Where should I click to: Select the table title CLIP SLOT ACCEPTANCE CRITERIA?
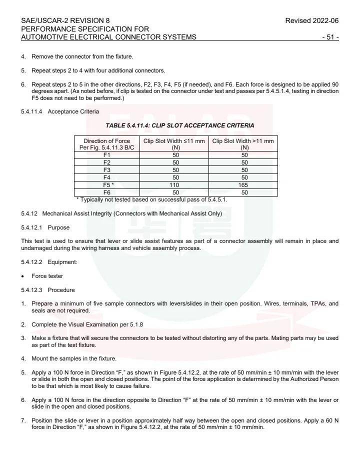click(x=179, y=125)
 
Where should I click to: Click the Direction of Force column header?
click(x=106, y=144)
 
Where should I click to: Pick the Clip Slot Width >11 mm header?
click(x=243, y=144)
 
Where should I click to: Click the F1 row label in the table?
click(x=106, y=155)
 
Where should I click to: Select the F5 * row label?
click(x=107, y=185)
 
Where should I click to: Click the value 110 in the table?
click(x=175, y=185)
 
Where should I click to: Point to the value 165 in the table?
click(x=244, y=185)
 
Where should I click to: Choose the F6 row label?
click(x=106, y=192)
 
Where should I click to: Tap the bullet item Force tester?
click(x=47, y=276)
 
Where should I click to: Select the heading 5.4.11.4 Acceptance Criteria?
click(x=60, y=111)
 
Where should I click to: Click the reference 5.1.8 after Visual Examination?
click(x=136, y=324)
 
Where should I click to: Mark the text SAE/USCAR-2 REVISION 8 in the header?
click(x=65, y=21)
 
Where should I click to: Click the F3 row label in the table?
click(x=106, y=170)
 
